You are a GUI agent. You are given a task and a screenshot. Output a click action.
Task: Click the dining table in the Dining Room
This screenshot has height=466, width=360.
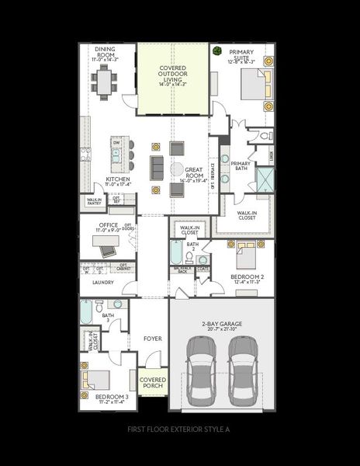coord(103,78)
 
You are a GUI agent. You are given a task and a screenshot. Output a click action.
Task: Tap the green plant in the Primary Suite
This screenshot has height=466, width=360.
coord(216,51)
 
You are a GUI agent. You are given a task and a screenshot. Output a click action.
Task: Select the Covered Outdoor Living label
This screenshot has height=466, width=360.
coord(172,74)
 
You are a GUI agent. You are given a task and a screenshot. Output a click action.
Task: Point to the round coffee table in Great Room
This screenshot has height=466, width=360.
coord(177,169)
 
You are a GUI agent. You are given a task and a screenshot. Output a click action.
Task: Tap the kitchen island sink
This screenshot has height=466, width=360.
coord(116,154)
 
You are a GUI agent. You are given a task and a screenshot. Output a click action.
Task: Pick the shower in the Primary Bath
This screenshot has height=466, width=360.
coord(265,179)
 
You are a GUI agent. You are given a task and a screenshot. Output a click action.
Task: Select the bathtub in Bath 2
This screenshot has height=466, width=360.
coord(177,253)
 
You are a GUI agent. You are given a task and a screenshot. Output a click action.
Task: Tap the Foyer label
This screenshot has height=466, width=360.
coord(151,339)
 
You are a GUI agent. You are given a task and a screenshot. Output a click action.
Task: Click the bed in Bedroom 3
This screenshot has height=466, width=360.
coord(97,380)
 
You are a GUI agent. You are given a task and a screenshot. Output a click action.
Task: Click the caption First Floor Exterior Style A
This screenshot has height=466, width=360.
coord(179,429)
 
